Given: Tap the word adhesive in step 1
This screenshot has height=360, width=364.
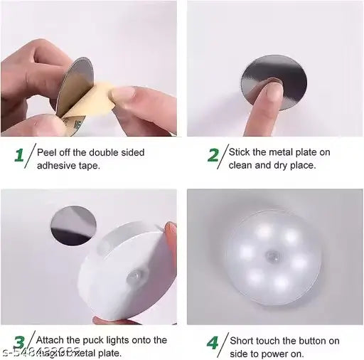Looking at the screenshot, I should (57, 165).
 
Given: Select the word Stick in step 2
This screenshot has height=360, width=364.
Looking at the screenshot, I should (240, 152).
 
